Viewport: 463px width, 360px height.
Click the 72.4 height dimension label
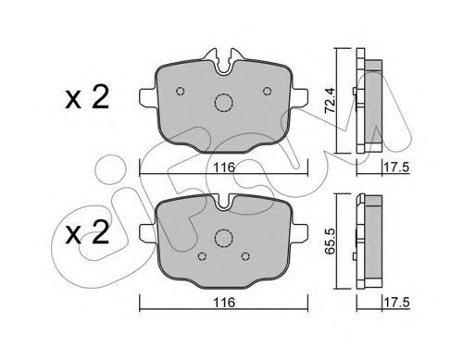330,100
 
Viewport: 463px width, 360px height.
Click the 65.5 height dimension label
330,242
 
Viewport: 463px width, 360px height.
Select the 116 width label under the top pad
224,168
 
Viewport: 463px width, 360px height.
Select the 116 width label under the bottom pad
224,303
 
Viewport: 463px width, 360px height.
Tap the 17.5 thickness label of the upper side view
396,168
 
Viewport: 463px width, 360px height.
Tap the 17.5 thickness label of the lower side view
396,303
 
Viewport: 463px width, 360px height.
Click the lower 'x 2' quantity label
87,232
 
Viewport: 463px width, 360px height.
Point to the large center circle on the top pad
223,103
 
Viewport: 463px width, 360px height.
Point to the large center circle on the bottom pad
223,238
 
